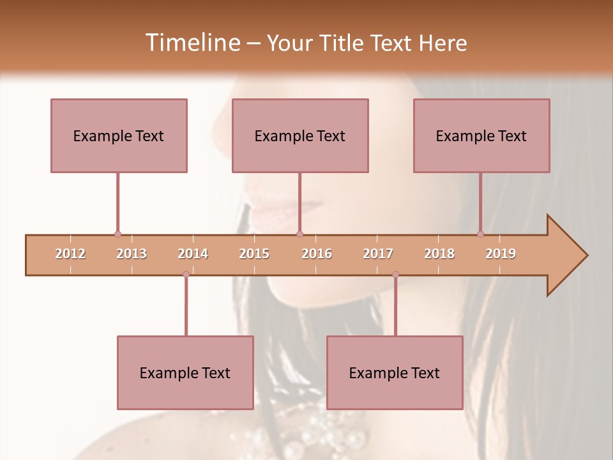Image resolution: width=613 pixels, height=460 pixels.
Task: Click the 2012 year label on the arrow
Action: (x=70, y=254)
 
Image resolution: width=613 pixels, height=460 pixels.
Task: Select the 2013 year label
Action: (x=132, y=254)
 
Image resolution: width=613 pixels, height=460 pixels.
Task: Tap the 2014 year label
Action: (x=193, y=254)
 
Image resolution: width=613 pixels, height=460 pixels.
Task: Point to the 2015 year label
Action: (x=254, y=254)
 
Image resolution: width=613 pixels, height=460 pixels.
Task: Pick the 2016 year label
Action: (x=317, y=254)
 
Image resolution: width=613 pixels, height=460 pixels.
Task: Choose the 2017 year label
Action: (x=378, y=254)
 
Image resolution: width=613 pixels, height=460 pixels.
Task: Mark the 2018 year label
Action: (x=439, y=254)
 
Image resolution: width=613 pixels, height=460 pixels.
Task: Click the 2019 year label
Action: (x=501, y=254)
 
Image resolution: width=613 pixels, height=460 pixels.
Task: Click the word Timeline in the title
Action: (x=192, y=43)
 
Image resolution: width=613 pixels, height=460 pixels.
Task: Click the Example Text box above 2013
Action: (x=119, y=135)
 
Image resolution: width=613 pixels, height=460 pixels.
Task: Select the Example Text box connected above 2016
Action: (x=300, y=135)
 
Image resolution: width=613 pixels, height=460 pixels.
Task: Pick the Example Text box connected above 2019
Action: (x=481, y=135)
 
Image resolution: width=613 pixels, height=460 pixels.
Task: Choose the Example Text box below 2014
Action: (x=185, y=372)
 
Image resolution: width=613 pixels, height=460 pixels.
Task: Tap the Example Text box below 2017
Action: (x=395, y=372)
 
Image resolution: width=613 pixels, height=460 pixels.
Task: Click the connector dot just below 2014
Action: (x=186, y=274)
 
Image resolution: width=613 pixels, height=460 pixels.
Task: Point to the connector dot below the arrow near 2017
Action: (x=395, y=274)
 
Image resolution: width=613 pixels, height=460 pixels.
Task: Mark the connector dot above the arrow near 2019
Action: (x=481, y=234)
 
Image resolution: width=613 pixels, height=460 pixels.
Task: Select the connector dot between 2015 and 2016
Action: (x=299, y=234)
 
